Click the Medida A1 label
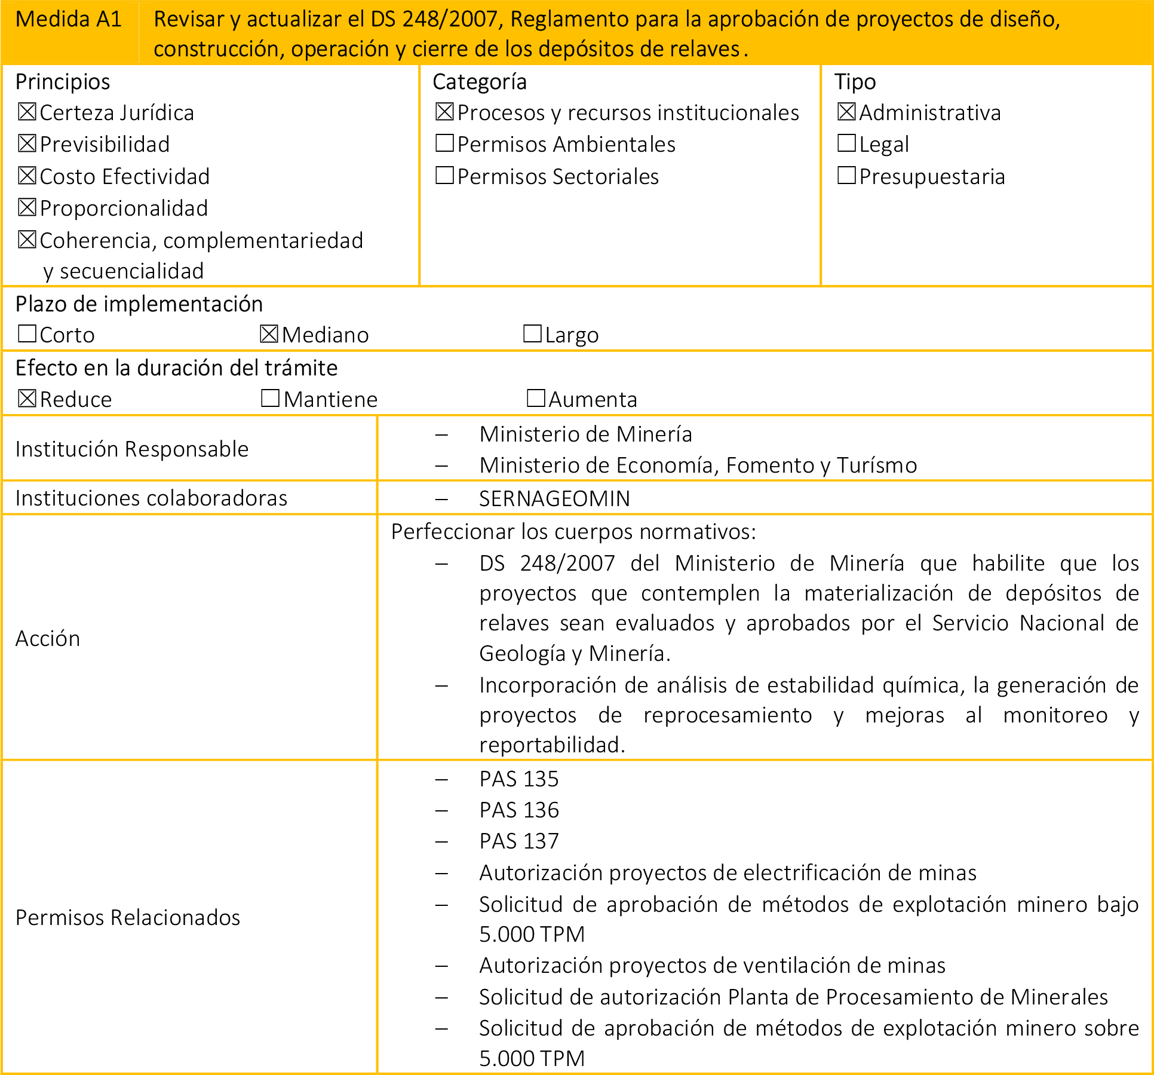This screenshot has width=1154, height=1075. pos(68,20)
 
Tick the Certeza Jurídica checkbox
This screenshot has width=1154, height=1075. pos(27,112)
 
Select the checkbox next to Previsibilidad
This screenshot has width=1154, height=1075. pos(27,143)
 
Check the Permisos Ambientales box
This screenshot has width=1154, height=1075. pos(444,143)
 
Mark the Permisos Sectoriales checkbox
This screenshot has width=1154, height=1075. pos(444,176)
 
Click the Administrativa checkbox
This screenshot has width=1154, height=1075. pos(846,112)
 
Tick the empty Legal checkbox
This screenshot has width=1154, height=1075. pos(846,143)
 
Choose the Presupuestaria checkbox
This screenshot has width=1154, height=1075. pos(846,176)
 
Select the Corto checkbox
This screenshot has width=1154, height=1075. pos(27,333)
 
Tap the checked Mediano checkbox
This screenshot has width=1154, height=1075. pos(269,333)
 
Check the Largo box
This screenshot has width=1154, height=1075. pos(532,333)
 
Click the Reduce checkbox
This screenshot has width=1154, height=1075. pos(27,398)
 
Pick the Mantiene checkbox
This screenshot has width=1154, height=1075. pos(270,398)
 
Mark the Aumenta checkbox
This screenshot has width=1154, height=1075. pos(536,398)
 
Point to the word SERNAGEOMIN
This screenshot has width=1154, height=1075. pos(554,498)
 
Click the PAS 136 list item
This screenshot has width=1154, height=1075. pos(518,810)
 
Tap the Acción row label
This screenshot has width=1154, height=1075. pos(48,638)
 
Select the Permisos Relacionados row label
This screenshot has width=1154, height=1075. pos(128,917)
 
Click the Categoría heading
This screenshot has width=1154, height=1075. pos(479,82)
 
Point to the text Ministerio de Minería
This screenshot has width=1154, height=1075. pos(585,434)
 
